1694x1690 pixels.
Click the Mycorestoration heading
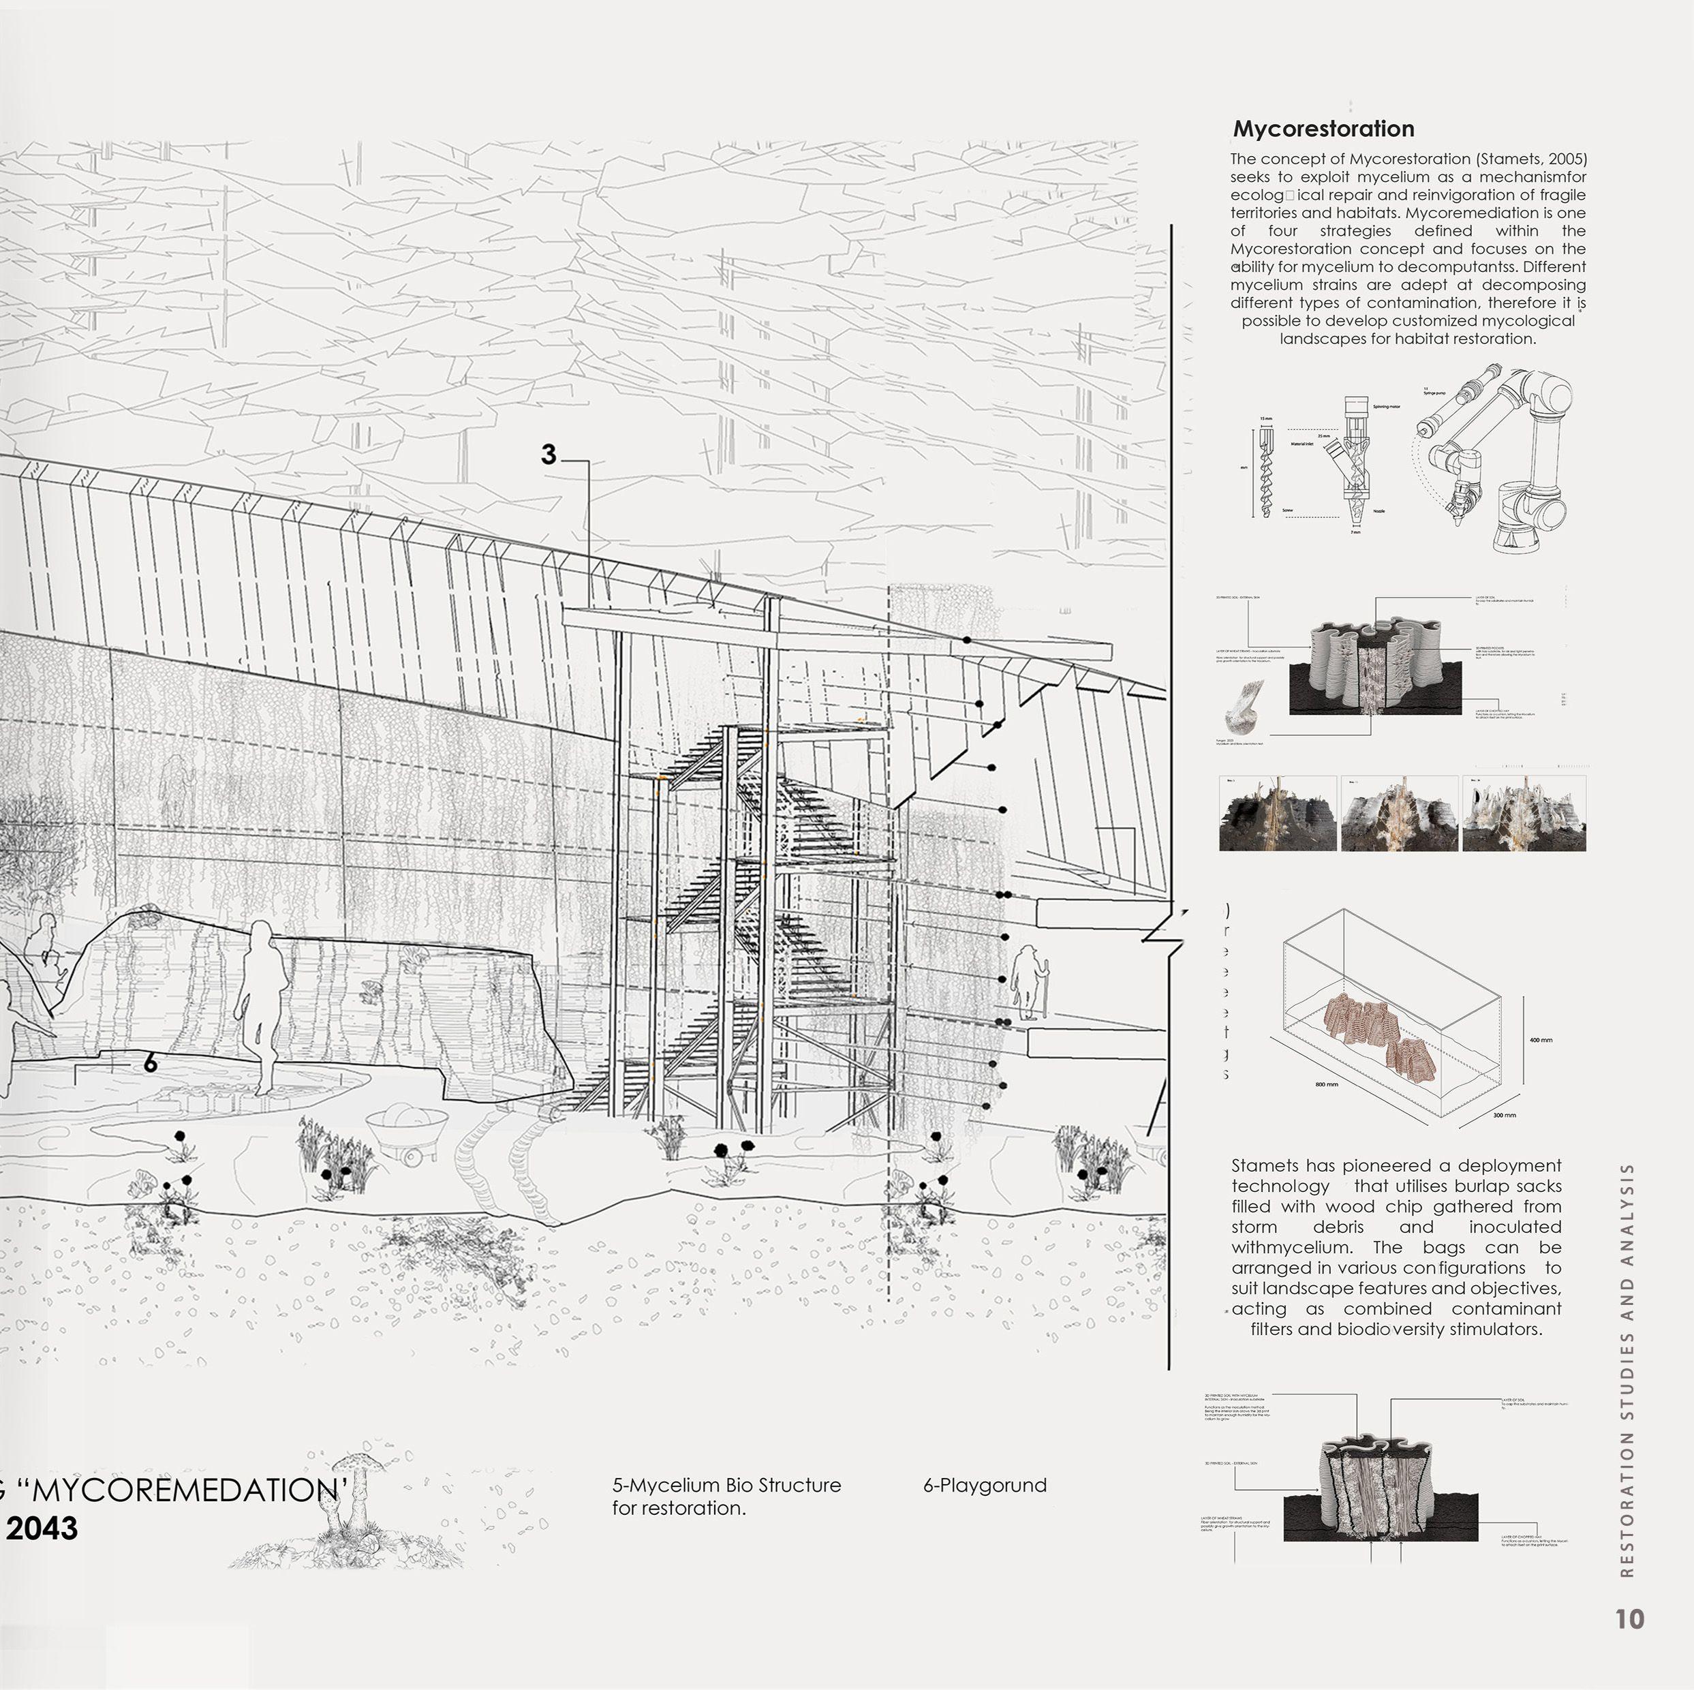click(x=1323, y=129)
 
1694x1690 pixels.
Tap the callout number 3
click(x=548, y=455)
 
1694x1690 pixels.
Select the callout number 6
click(x=150, y=1063)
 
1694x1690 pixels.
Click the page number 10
click(x=1629, y=1620)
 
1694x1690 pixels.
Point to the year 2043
click(x=42, y=1529)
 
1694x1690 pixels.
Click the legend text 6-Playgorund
click(x=985, y=1486)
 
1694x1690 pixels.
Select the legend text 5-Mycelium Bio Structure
click(x=726, y=1486)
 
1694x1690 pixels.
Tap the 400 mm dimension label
click(x=1541, y=1040)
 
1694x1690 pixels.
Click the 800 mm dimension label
click(x=1327, y=1085)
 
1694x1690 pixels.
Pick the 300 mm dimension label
click(x=1504, y=1116)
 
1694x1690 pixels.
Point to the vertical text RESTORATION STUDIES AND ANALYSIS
click(x=1628, y=1368)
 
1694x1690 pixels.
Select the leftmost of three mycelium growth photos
click(x=1278, y=813)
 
